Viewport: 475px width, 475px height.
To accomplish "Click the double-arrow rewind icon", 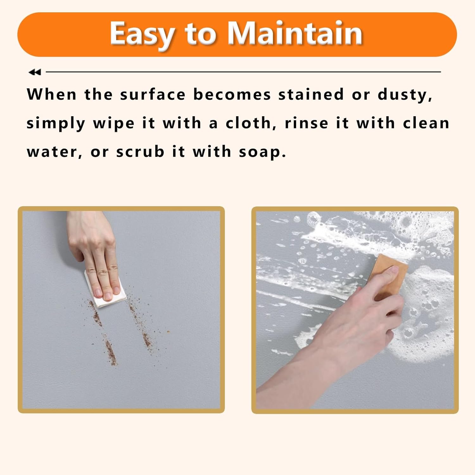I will [35, 72].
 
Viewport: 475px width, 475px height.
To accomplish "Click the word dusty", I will [405, 95].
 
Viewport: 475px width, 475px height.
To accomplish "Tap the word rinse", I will [306, 123].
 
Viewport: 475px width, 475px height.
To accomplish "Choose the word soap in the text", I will [262, 152].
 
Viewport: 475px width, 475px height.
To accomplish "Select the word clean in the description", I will [426, 123].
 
